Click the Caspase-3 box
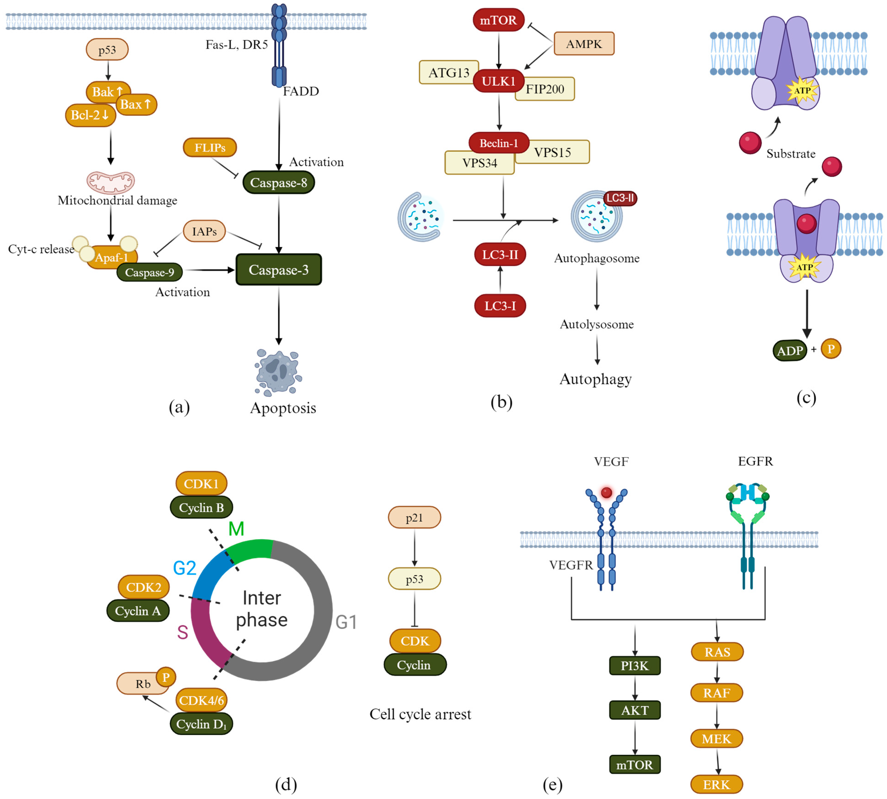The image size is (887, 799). pyautogui.click(x=279, y=270)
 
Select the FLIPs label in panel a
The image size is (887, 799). pyautogui.click(x=210, y=148)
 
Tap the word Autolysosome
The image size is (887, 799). pyautogui.click(x=597, y=324)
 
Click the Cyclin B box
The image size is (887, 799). pyautogui.click(x=201, y=507)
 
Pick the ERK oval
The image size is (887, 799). pyautogui.click(x=716, y=784)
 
